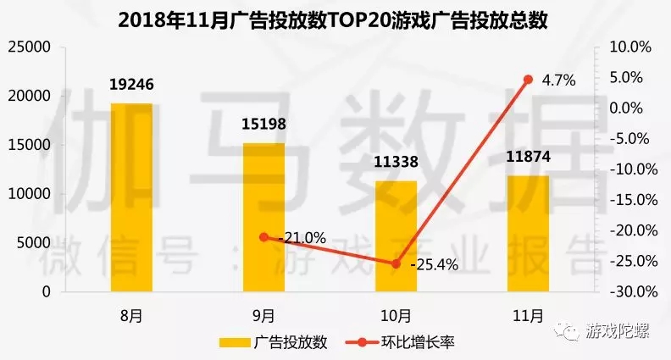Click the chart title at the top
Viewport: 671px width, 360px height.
click(x=335, y=18)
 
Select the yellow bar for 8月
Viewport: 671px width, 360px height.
click(x=131, y=197)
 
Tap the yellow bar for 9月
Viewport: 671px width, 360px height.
click(x=263, y=217)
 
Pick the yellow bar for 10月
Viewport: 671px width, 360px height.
click(x=396, y=235)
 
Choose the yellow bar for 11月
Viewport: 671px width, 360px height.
click(x=528, y=233)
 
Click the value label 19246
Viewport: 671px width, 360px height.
click(x=131, y=85)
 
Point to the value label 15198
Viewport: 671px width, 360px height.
click(x=263, y=125)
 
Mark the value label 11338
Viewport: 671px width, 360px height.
click(x=396, y=162)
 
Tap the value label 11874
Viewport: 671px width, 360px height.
click(x=528, y=158)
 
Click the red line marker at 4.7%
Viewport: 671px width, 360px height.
click(x=528, y=79)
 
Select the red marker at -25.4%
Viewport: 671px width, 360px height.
click(x=396, y=263)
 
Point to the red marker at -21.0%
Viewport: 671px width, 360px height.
click(x=263, y=237)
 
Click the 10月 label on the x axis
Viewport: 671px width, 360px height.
click(x=396, y=315)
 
